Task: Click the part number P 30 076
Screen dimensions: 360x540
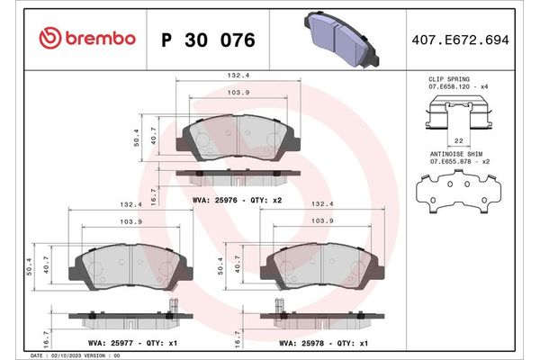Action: (x=207, y=40)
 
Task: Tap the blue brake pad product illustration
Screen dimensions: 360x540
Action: (x=338, y=39)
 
